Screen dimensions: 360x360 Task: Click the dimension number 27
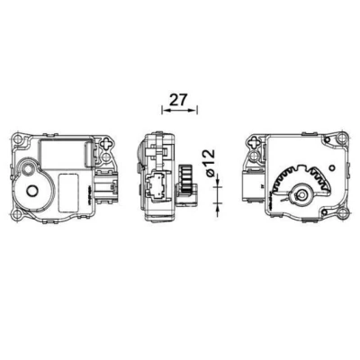[x=178, y=100]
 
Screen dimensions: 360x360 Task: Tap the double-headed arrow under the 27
[x=179, y=110]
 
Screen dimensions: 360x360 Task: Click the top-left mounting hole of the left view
[x=18, y=139]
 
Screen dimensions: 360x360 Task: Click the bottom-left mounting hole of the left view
[x=17, y=214]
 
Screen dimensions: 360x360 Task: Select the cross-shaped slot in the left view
[x=106, y=143]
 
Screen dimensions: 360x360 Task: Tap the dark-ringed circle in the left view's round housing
[x=31, y=190]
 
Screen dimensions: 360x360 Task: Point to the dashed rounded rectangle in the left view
[x=68, y=193]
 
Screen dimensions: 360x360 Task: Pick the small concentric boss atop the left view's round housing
[x=28, y=169]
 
